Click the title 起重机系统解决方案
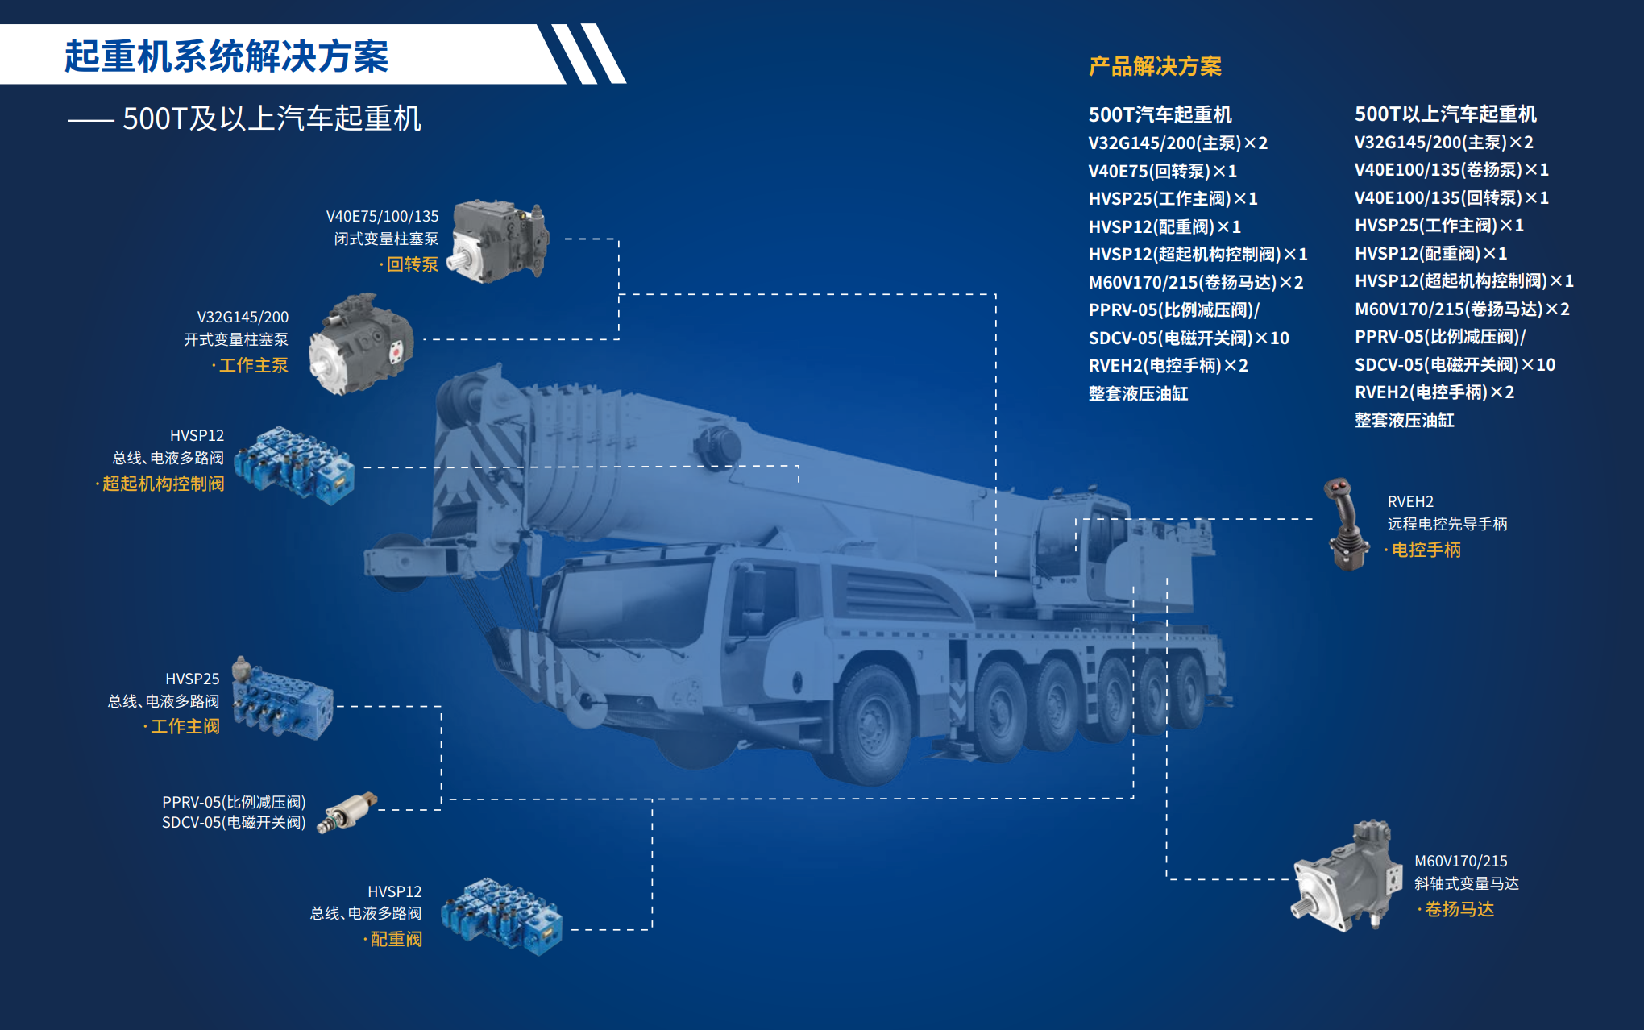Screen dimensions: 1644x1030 (226, 56)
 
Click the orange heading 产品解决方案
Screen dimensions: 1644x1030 (1155, 66)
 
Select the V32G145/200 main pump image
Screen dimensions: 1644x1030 (361, 344)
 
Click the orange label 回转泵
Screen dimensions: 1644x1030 (412, 264)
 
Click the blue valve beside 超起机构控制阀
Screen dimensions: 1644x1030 (294, 465)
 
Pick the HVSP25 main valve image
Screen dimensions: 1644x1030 (282, 700)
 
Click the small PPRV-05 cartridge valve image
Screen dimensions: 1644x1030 (347, 812)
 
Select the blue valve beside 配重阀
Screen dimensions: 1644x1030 (500, 916)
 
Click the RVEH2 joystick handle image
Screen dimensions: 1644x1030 (1345, 524)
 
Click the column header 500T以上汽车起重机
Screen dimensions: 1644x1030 (1446, 114)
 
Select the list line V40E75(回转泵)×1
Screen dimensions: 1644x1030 (1162, 171)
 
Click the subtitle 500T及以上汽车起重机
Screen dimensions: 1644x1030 (272, 118)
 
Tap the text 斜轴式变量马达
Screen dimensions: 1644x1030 (1467, 883)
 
